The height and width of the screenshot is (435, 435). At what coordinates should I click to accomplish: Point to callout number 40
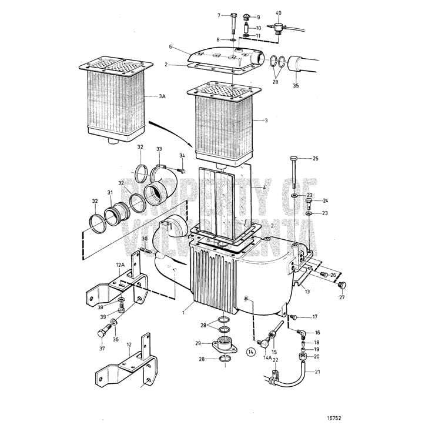pos(279,13)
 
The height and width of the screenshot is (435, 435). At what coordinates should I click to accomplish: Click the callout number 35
pos(296,86)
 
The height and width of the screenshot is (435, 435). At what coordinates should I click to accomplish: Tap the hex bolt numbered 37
pos(101,334)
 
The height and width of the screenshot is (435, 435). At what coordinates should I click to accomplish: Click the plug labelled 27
pos(342,286)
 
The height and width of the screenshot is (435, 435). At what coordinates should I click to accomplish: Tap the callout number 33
pos(159,150)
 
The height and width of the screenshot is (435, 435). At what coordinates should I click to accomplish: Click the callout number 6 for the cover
pos(170,46)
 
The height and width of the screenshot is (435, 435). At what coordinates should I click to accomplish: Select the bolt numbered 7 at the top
pos(234,16)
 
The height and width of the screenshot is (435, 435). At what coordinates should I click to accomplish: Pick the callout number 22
pos(275,359)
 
